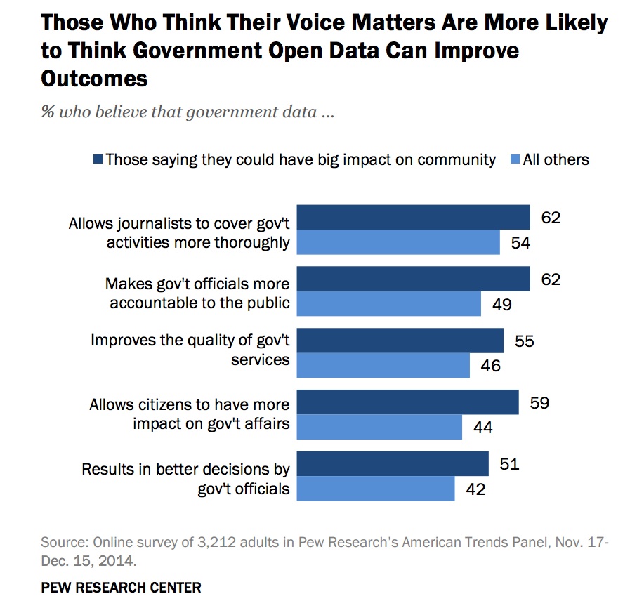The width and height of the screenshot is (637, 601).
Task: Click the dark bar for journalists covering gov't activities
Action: coord(413,217)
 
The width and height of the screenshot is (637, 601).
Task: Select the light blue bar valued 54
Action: coord(398,242)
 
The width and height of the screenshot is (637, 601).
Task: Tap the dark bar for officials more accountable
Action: coord(413,279)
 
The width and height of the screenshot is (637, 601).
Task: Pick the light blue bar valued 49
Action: coord(389,303)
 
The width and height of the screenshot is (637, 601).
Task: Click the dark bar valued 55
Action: coord(400,341)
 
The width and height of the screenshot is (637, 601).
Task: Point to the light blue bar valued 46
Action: coord(383,365)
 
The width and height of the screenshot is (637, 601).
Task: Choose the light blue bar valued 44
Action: coord(380,427)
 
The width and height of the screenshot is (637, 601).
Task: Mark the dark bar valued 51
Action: coord(393,463)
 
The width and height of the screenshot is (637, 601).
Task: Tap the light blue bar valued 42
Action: coord(376,489)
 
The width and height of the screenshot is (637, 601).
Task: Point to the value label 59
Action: coord(539,403)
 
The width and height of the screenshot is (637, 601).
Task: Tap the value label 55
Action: coord(525,341)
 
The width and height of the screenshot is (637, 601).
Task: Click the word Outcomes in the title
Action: coord(95,78)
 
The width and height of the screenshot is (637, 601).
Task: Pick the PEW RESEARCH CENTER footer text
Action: coord(121,586)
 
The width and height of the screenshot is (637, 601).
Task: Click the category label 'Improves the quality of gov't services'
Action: coord(190,349)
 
